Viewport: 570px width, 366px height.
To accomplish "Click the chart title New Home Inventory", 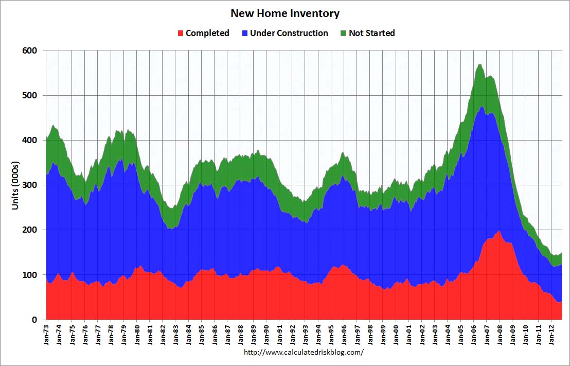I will [284, 13].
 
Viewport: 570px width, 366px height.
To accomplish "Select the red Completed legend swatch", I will [180, 33].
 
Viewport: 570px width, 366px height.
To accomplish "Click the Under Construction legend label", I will [289, 33].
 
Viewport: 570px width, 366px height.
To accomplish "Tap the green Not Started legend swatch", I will [343, 33].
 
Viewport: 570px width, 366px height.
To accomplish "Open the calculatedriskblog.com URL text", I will [304, 353].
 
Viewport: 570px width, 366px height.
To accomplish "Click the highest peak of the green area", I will [479, 64].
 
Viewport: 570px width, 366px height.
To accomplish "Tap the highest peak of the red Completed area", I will [499, 231].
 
